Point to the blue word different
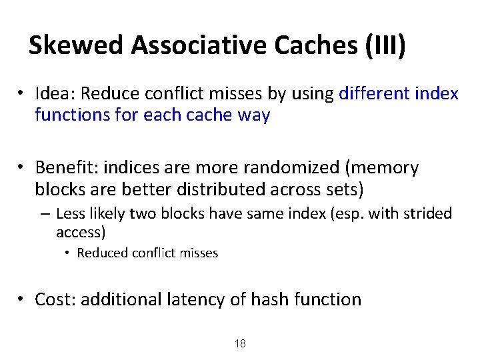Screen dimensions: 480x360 pos(375,94)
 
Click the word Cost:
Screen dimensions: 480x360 pos(55,299)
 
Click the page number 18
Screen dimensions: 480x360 pos(240,344)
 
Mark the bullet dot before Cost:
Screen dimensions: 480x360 pos(22,300)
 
